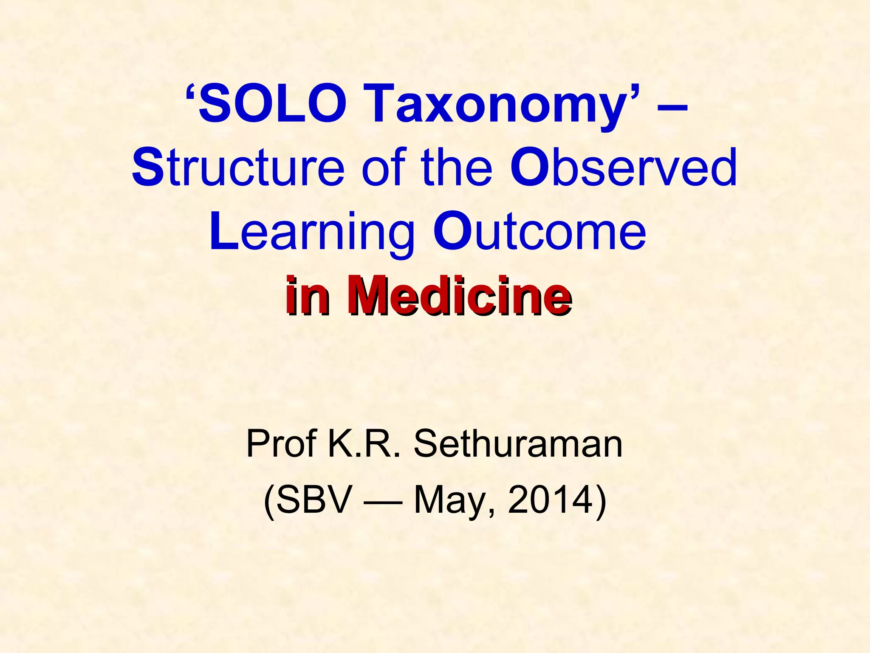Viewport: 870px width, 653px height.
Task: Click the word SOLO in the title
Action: [x=272, y=103]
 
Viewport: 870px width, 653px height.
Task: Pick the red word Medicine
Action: [x=459, y=295]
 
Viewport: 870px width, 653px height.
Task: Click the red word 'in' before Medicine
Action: [x=307, y=295]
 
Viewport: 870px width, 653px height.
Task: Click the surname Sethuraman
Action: [x=518, y=443]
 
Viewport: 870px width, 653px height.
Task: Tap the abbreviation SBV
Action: [x=315, y=500]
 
